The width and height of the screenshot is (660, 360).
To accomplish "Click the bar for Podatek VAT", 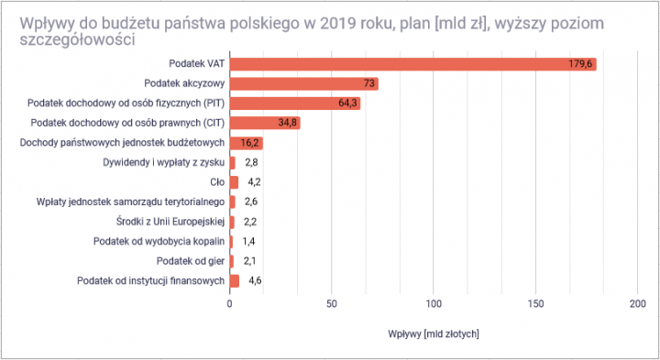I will click(x=412, y=63).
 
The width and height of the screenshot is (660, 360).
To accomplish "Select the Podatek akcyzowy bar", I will click(x=303, y=83).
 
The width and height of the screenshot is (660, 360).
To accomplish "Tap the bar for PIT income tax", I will click(x=294, y=104).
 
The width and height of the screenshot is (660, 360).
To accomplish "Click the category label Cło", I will click(x=217, y=182).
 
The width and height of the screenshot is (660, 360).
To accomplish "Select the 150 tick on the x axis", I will click(x=536, y=303).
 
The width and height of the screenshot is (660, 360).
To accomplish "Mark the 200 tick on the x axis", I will click(x=638, y=303).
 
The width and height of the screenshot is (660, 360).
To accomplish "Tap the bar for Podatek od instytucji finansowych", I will click(x=235, y=280).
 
